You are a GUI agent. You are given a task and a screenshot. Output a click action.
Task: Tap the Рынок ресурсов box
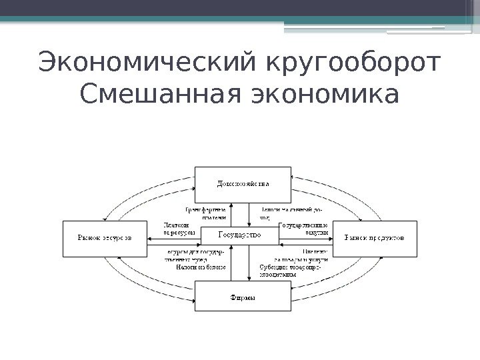coord(105,237)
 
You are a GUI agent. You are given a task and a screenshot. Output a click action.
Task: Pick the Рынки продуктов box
coord(376,237)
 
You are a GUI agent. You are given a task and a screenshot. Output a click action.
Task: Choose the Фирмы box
coord(242,297)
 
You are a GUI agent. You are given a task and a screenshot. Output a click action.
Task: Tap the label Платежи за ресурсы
coord(178,229)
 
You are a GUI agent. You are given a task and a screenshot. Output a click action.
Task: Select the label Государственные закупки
coord(303,229)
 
